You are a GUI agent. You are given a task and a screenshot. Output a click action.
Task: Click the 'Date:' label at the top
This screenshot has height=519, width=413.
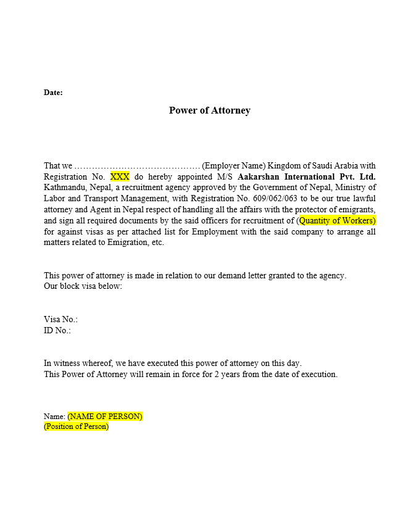(53, 93)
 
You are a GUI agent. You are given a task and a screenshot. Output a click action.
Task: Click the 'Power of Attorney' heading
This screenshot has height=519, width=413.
(209, 110)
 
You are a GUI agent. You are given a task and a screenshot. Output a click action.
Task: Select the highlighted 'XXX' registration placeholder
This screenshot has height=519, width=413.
(120, 176)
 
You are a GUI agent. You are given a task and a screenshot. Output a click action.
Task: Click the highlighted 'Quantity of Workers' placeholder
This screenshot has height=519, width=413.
(337, 220)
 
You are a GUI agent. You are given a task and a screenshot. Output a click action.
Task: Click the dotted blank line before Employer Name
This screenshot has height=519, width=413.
(136, 165)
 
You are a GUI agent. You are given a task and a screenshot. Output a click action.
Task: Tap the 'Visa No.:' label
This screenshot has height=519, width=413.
(60, 320)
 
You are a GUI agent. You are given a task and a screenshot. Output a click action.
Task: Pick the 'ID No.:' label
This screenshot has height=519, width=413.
(57, 330)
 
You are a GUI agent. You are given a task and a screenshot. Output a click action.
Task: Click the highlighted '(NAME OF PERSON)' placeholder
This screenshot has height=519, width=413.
(105, 416)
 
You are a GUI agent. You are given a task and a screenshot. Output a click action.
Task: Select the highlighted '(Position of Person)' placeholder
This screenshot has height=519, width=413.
(76, 426)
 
